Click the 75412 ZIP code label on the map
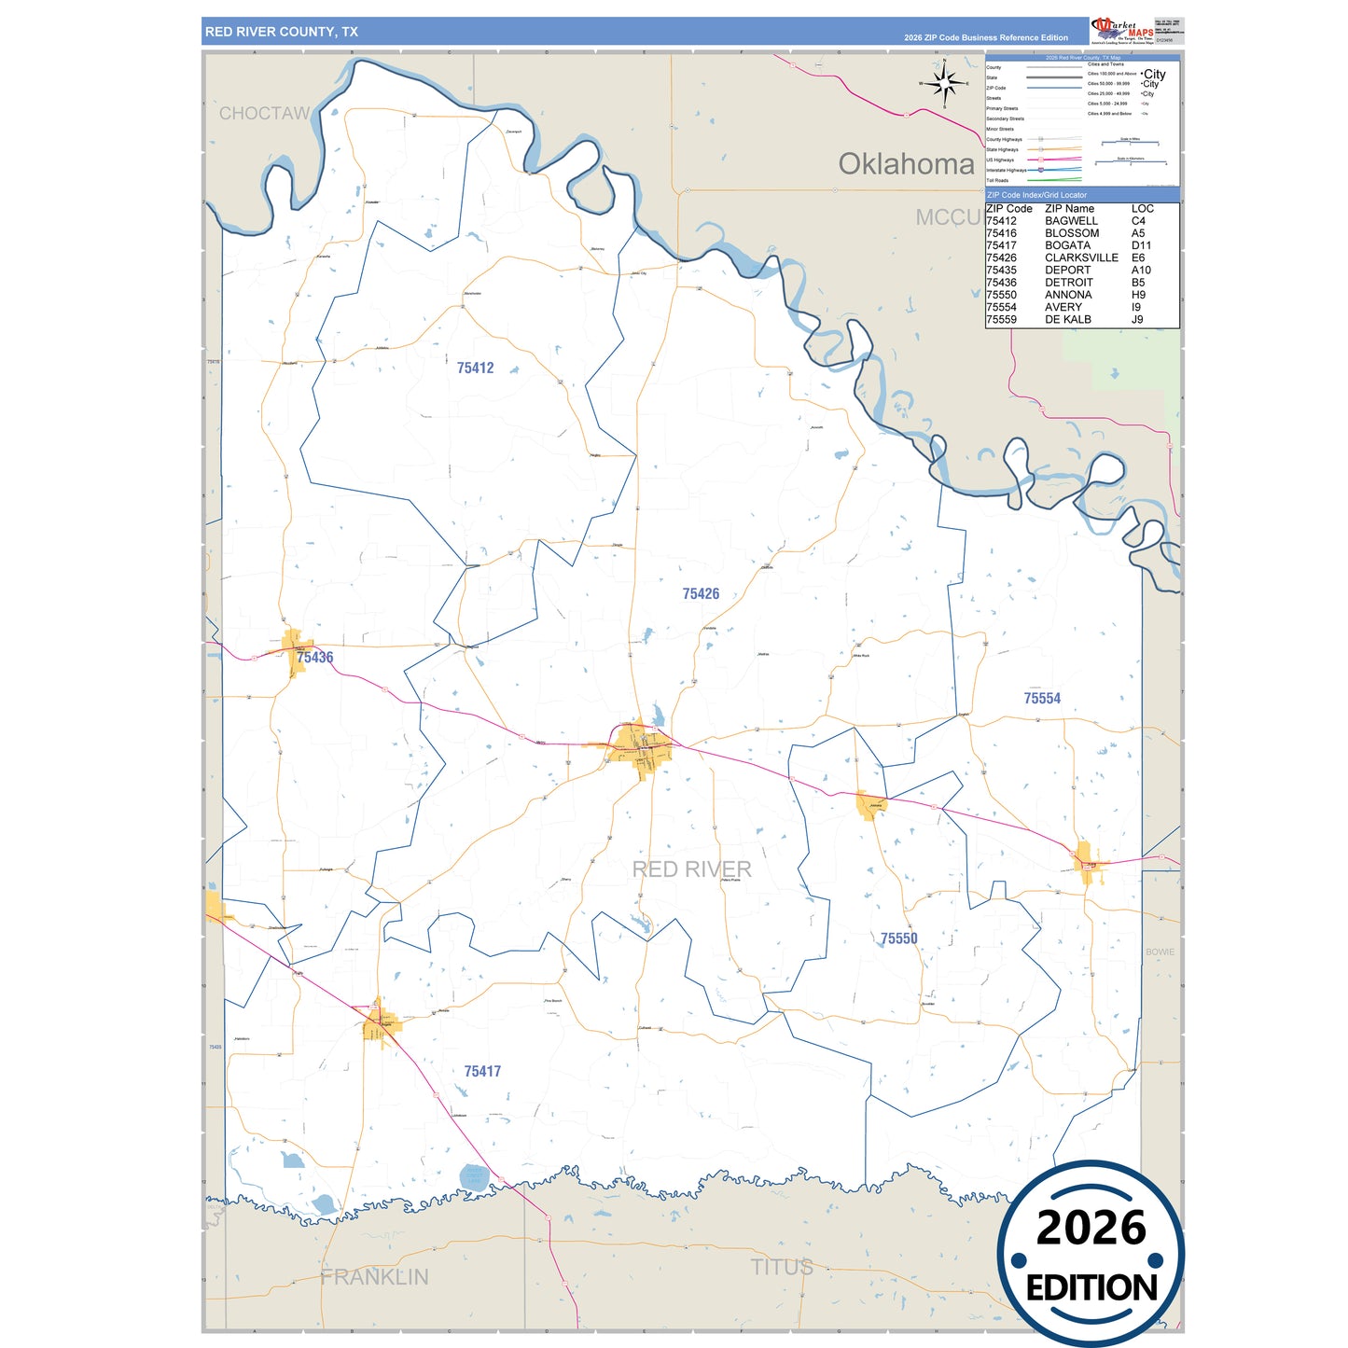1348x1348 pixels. coord(475,368)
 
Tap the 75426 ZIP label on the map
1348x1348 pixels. coord(701,594)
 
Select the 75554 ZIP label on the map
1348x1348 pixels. coord(1042,699)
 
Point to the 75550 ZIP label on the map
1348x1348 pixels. coord(898,938)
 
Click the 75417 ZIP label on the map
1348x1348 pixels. coord(482,1072)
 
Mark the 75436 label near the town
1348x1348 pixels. coord(315,658)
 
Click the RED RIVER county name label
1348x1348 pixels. coord(691,869)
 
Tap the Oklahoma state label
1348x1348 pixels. coord(905,164)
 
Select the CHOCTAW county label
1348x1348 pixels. coord(264,114)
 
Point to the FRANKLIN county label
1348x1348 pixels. coord(374,1277)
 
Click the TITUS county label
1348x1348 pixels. coord(782,1268)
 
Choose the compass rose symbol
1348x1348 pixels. coord(945,84)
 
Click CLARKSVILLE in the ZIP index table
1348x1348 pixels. coord(1080,258)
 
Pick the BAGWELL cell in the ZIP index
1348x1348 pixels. coord(1071,221)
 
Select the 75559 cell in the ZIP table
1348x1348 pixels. coord(1001,320)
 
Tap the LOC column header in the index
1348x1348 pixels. coord(1142,209)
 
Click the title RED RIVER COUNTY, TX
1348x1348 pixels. coord(281,32)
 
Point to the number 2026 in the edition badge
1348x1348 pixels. coord(1091,1228)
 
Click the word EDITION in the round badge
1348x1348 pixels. coord(1091,1288)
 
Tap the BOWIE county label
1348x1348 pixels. coord(1160,952)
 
